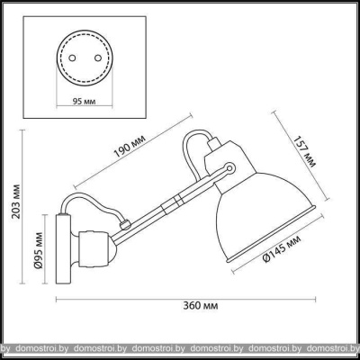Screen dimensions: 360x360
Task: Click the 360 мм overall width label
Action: [x=201, y=306]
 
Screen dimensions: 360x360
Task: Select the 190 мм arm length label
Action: [x=130, y=147]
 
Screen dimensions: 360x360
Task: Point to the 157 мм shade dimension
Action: [x=304, y=151]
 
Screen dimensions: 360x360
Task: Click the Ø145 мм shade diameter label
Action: [x=281, y=249]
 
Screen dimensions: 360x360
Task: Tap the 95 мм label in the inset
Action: [x=85, y=102]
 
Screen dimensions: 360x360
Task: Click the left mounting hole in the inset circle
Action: [x=72, y=58]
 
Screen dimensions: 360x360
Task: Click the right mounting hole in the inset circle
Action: [x=97, y=58]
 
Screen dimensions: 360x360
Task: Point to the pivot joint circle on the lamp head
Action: [x=230, y=167]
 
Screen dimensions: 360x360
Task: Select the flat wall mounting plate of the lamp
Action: [x=63, y=249]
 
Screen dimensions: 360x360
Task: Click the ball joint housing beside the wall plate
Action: [x=93, y=249]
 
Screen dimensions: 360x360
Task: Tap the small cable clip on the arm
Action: [x=124, y=224]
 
